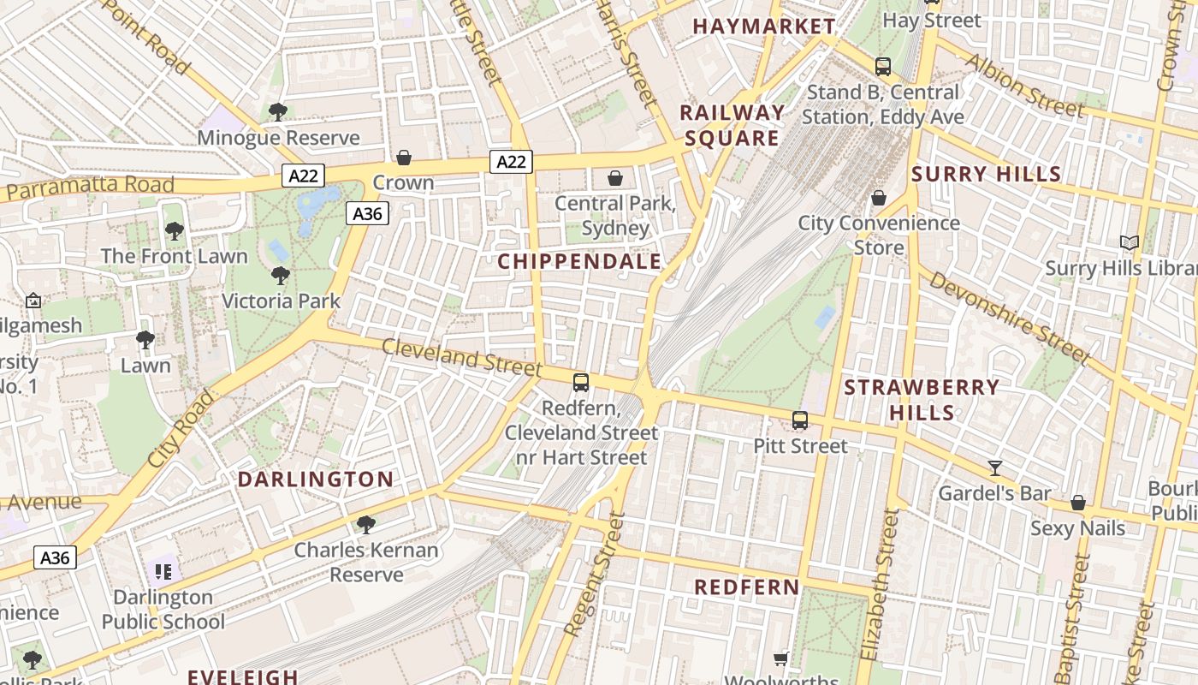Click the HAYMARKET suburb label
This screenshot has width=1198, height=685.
763,27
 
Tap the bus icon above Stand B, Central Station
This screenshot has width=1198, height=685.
882,66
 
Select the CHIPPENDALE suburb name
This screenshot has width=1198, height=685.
579,261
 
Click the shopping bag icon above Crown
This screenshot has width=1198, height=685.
403,158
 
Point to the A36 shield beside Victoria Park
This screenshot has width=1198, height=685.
367,213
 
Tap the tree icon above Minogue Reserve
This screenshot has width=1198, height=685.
277,111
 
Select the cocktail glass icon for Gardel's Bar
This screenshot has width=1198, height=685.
994,468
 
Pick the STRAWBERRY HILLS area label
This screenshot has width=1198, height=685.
922,400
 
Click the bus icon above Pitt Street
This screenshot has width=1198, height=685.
800,420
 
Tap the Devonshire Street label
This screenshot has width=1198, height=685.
1010,318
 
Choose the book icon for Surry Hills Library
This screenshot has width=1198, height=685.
1130,243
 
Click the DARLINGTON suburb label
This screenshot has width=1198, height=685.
316,479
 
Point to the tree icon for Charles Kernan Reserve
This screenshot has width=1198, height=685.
366,524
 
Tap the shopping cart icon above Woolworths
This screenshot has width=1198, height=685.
780,658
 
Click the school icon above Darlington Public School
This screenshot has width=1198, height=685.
163,571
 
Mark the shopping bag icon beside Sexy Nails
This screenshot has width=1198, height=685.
1078,503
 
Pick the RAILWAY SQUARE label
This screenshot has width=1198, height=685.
732,125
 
